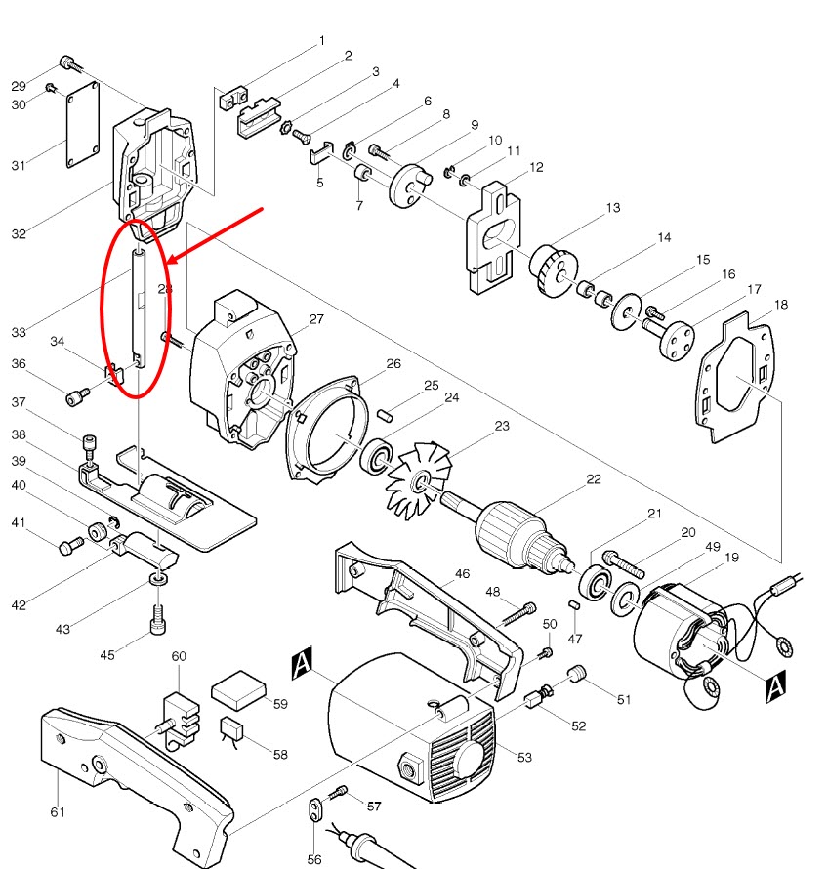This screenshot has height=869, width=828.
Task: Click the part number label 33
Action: (19, 333)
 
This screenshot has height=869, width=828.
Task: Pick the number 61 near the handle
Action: (58, 811)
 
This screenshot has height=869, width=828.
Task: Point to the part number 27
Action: (315, 319)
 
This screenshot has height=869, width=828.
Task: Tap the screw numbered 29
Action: (68, 62)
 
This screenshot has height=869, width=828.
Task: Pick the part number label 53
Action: (525, 757)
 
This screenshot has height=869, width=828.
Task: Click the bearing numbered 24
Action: (376, 456)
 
